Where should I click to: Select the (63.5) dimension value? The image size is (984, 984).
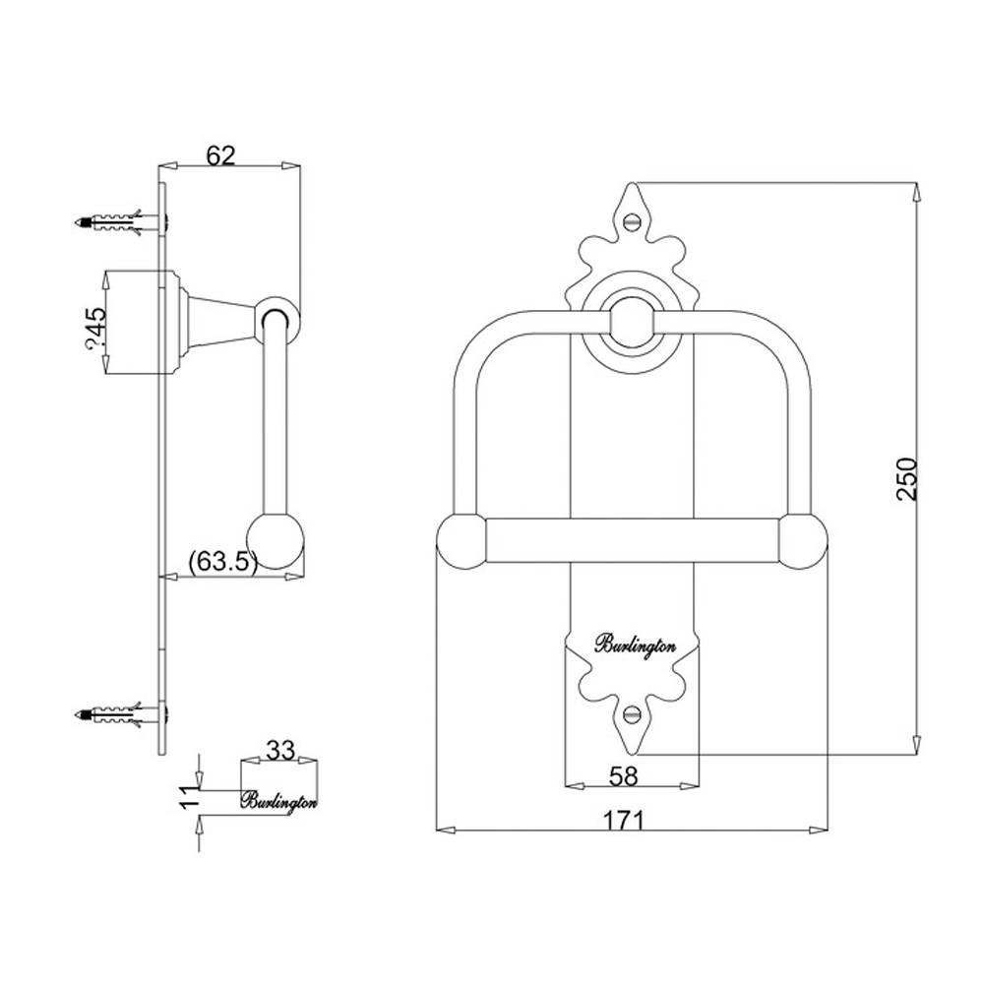[x=222, y=562]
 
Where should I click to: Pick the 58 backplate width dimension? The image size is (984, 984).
[x=623, y=775]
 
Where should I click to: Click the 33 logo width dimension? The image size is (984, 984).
[x=280, y=750]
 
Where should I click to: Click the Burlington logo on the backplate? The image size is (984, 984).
[x=633, y=645]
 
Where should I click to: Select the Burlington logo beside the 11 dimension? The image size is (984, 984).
[x=279, y=800]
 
